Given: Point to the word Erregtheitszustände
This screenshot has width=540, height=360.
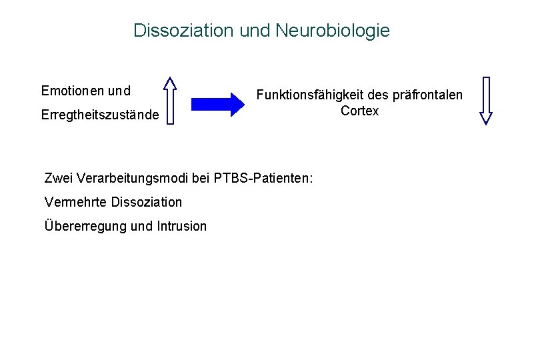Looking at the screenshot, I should pos(100,115).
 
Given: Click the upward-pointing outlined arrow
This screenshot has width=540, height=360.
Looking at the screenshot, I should pos(171,101).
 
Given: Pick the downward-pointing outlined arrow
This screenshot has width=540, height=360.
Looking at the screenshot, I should pos(486,101).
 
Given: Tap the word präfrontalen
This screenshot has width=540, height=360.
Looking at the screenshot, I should pos(427,95).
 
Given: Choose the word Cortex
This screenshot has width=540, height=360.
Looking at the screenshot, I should pos(359,111).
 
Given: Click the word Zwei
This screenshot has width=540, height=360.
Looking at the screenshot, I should pos(58,178).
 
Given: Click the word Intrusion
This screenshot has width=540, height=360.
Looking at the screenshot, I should pos(181,226).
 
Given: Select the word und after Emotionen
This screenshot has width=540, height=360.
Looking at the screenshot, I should pos(119,90).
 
